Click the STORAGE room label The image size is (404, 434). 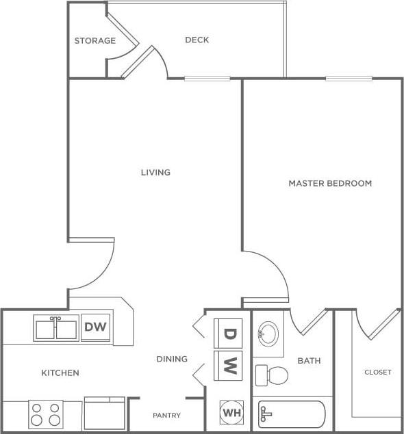pyautogui.click(x=94, y=41)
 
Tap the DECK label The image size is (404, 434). pyautogui.click(x=197, y=40)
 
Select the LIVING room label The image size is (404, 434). pyautogui.click(x=155, y=172)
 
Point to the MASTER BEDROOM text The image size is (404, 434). pyautogui.click(x=330, y=183)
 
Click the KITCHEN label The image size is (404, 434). pyautogui.click(x=60, y=373)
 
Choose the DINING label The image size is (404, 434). pyautogui.click(x=171, y=359)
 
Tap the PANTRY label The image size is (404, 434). pyautogui.click(x=166, y=416)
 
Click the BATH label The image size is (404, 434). pyautogui.click(x=309, y=361)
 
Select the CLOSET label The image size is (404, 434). pyautogui.click(x=377, y=372)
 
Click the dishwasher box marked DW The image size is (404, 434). pyautogui.click(x=96, y=327)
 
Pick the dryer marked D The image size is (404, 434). pyautogui.click(x=229, y=334)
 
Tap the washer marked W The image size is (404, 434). pyautogui.click(x=229, y=366)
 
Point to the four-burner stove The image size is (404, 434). pyautogui.click(x=46, y=414)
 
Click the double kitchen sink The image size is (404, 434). pyautogui.click(x=56, y=328)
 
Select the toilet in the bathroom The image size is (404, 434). pyautogui.click(x=273, y=375)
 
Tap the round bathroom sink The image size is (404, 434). pyautogui.click(x=268, y=334)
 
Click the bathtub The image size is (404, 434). pyautogui.click(x=292, y=414)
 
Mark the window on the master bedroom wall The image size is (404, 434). pyautogui.click(x=349, y=79)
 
